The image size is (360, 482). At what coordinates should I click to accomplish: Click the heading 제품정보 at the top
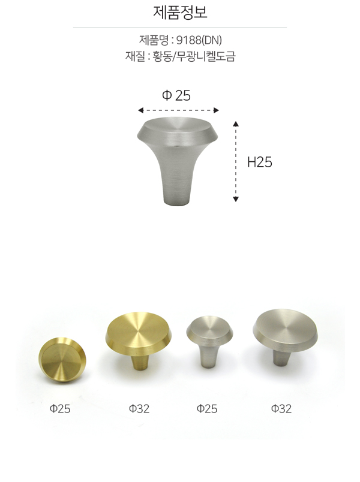180,13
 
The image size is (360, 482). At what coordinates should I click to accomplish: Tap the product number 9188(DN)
199,40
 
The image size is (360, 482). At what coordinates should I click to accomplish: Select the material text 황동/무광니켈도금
194,56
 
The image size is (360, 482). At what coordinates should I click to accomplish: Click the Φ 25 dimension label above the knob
176,95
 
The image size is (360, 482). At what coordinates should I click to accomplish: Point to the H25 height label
260,162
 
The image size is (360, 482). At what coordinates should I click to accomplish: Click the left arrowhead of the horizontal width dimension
140,110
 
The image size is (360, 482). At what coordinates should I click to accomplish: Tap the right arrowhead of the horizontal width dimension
217,110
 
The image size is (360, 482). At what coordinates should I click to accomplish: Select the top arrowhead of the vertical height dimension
236,124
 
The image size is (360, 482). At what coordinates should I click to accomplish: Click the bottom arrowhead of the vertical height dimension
236,199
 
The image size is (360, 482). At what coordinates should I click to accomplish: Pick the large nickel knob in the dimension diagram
177,161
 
